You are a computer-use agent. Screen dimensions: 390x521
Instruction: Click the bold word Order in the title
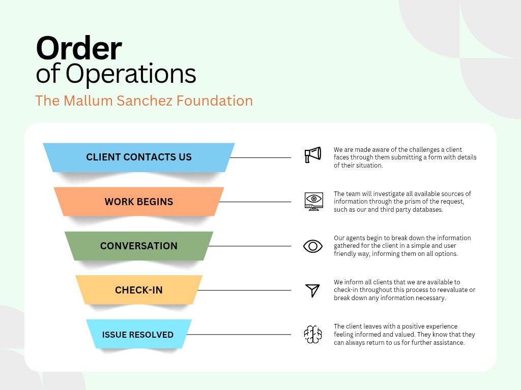(79, 49)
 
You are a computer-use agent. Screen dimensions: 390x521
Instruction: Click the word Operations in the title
(131, 74)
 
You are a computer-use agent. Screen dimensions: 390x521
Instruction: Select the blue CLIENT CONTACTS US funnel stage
(139, 157)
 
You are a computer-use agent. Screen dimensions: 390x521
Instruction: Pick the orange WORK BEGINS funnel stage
(139, 202)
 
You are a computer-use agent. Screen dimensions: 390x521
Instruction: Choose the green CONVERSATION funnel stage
(139, 246)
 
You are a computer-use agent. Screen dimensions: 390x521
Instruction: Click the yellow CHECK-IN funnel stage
(139, 290)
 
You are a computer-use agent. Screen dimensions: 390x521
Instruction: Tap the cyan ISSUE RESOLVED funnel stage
(138, 335)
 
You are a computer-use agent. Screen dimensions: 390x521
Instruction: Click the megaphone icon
(313, 155)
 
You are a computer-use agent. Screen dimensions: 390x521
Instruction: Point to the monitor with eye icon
(313, 201)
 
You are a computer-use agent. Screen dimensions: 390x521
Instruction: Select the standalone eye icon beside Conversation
(313, 246)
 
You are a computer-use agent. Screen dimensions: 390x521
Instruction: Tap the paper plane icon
(312, 290)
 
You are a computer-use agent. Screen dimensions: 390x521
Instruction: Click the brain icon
(313, 335)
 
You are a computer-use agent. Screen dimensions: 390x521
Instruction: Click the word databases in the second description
(426, 210)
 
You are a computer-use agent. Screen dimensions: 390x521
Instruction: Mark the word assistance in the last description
(447, 343)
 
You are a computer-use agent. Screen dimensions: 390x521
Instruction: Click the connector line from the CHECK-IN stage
(244, 290)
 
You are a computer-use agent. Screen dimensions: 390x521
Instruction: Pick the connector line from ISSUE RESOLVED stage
(239, 335)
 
